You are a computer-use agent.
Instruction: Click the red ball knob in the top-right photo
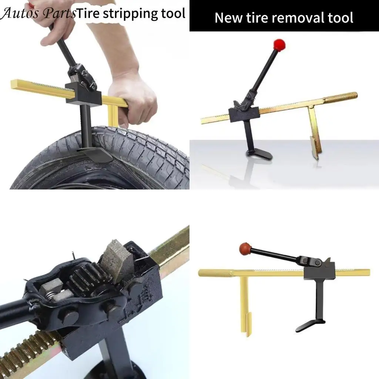point(279,45)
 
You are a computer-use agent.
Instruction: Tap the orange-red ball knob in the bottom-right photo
point(244,247)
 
